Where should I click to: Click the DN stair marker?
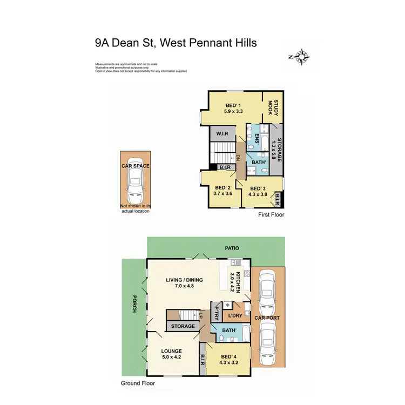pyautogui.click(x=238, y=158)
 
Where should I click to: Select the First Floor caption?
pyautogui.click(x=271, y=215)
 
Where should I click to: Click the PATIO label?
pyautogui.click(x=233, y=248)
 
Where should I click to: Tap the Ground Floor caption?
pyautogui.click(x=138, y=383)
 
